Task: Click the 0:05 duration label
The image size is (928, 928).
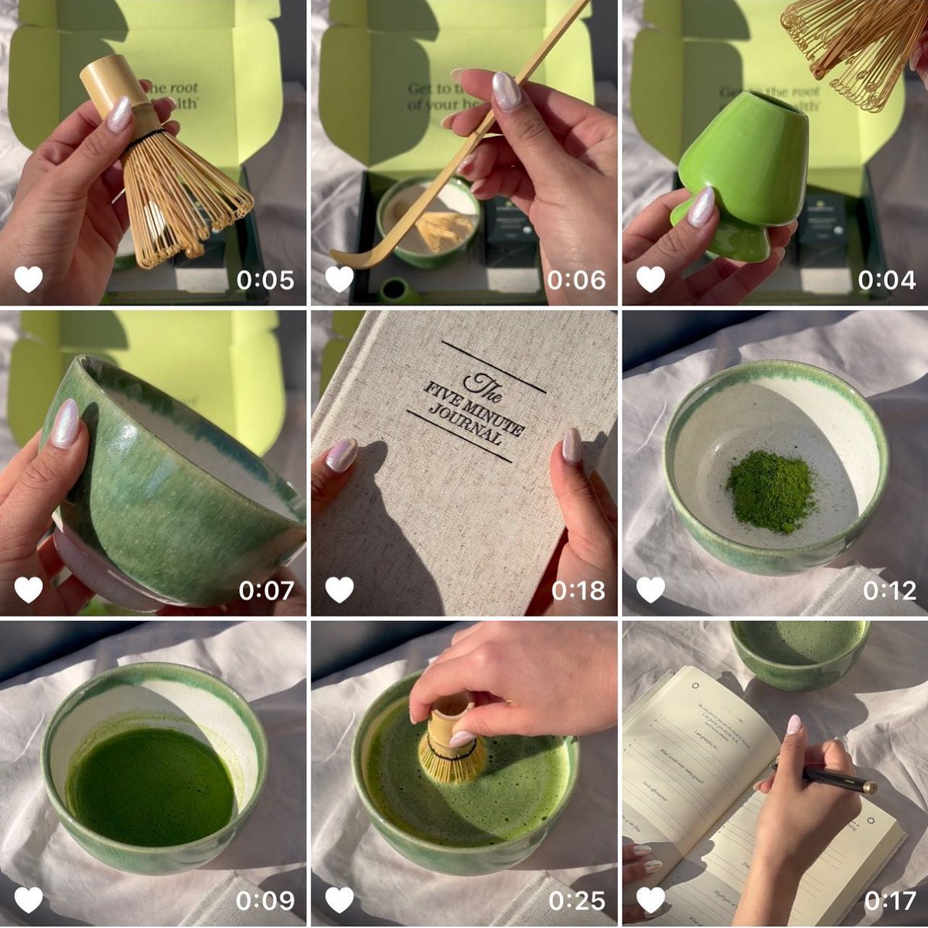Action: pyautogui.click(x=265, y=280)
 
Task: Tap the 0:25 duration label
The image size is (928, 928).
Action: pyautogui.click(x=576, y=900)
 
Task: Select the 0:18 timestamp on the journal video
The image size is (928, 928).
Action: pyautogui.click(x=578, y=591)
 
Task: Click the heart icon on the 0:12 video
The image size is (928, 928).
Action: pyautogui.click(x=650, y=590)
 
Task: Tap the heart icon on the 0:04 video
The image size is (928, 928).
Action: pyautogui.click(x=650, y=279)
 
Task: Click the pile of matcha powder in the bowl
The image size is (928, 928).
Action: pyautogui.click(x=770, y=491)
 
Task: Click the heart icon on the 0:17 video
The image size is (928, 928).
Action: pyautogui.click(x=650, y=900)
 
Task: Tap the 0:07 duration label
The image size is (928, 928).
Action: pyautogui.click(x=265, y=591)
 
